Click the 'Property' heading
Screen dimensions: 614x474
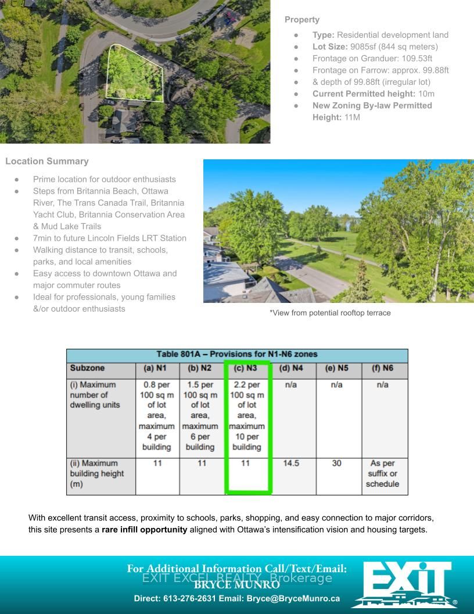pos(301,20)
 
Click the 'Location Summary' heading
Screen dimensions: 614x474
pos(47,161)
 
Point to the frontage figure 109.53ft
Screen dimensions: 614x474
pos(413,58)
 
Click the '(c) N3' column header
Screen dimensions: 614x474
pos(245,369)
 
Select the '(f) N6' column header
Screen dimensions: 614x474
pos(382,369)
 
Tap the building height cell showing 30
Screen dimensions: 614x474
pos(337,463)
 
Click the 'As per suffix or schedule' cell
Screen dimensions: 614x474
pos(382,473)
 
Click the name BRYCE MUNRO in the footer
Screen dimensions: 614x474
pos(236,586)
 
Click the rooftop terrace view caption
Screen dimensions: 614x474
pos(330,313)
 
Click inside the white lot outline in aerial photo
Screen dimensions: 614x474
pos(131,73)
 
